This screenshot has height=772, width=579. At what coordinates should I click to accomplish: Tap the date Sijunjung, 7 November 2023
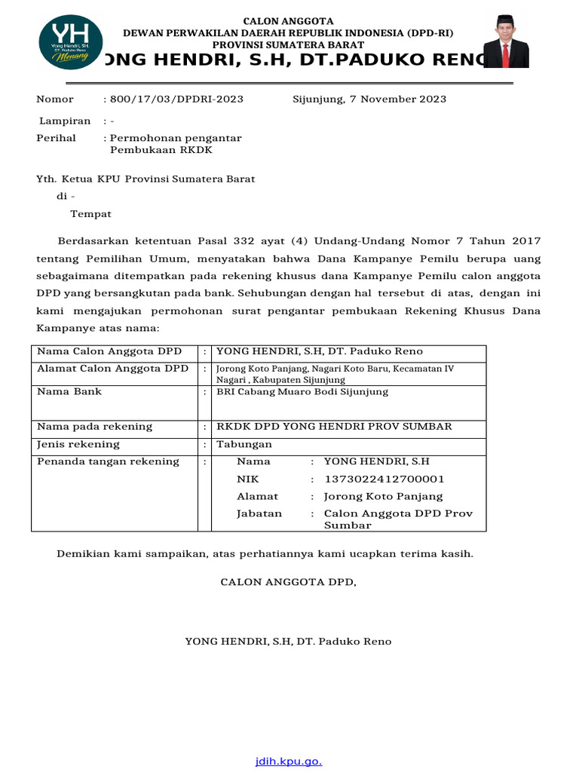(x=369, y=100)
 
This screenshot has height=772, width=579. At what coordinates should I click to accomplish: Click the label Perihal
(x=57, y=138)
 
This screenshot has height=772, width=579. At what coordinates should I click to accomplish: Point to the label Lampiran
(x=65, y=121)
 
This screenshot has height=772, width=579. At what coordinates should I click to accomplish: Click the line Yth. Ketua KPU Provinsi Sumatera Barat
(x=146, y=179)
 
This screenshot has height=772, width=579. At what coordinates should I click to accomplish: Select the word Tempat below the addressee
(x=90, y=214)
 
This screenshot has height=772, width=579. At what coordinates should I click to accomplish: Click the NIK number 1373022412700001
(x=384, y=479)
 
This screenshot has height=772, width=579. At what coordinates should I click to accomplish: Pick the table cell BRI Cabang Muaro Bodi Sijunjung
(x=302, y=392)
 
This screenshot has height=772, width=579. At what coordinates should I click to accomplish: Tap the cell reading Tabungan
(x=244, y=445)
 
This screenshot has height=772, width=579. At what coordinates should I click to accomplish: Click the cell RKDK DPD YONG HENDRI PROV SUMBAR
(x=334, y=427)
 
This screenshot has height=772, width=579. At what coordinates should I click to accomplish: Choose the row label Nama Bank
(x=69, y=392)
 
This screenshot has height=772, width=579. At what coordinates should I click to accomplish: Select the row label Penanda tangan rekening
(x=108, y=461)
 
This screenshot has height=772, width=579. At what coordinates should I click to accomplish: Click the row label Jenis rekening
(x=78, y=445)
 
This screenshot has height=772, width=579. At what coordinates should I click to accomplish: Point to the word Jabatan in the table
(x=259, y=513)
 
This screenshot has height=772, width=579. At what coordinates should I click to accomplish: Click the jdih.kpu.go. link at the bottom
(x=289, y=761)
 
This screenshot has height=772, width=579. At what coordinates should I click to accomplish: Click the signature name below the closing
(x=288, y=642)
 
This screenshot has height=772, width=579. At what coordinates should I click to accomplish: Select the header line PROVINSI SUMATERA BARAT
(x=286, y=45)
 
